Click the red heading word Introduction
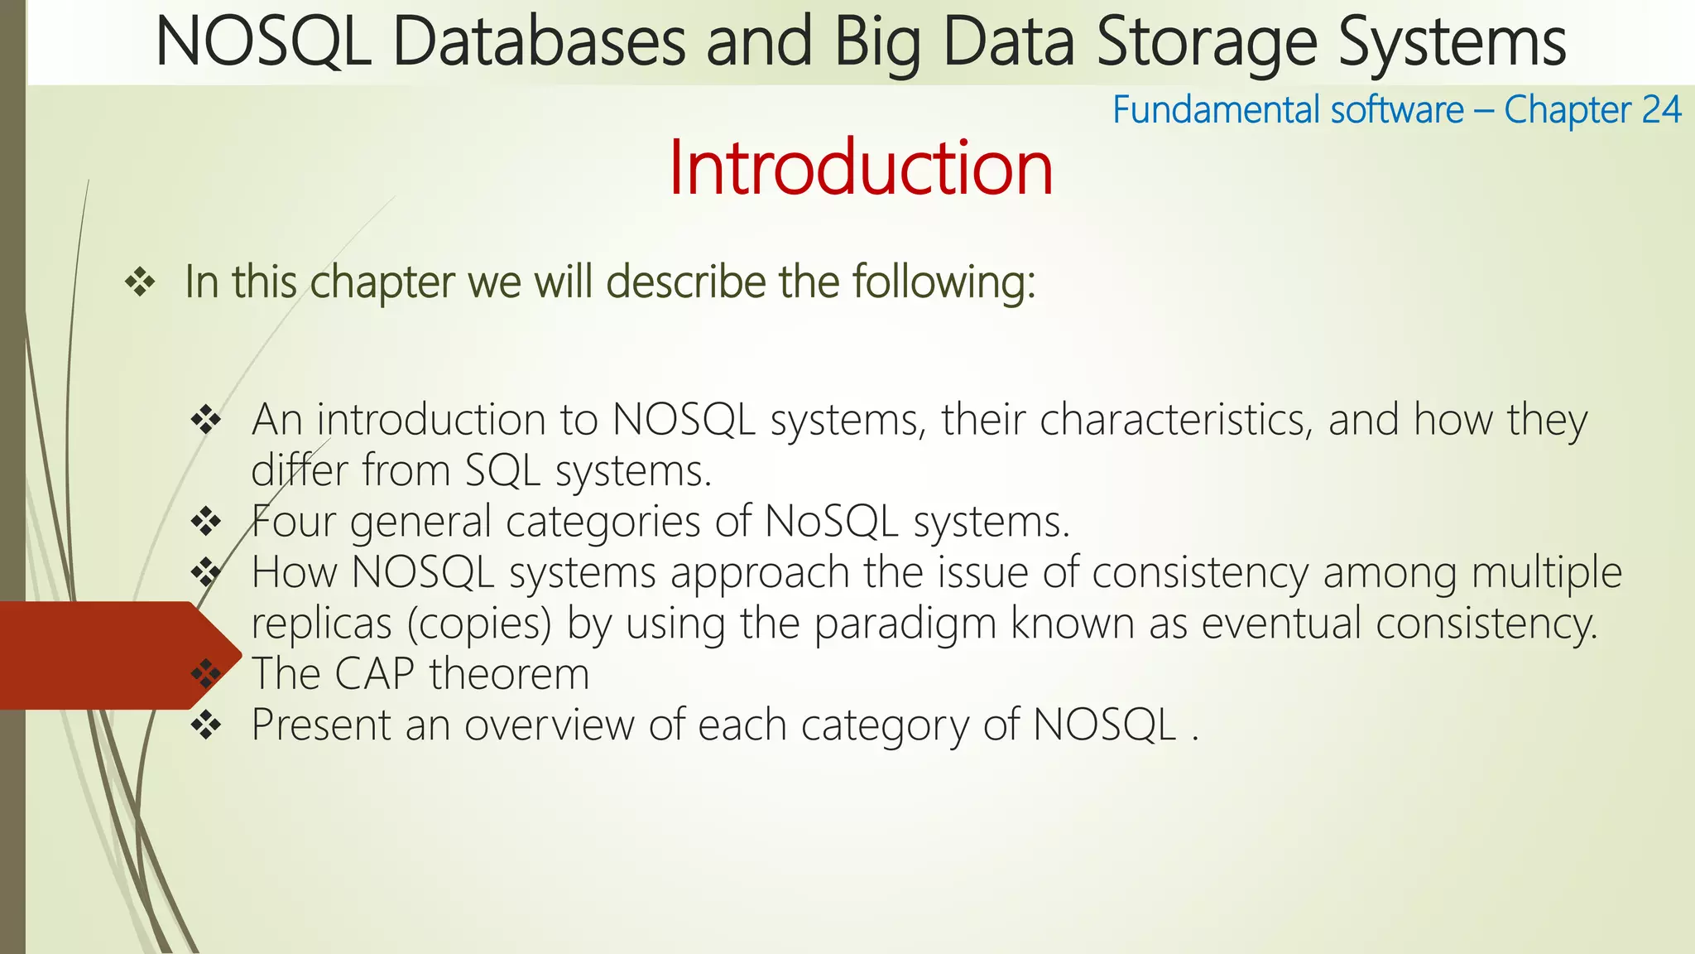861,168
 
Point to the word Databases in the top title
539,43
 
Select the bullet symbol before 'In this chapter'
140,283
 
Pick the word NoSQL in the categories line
831,522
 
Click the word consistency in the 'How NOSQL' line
1199,573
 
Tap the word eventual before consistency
1281,624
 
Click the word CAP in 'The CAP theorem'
374,674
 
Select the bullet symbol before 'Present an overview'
206,725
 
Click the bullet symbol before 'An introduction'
206,420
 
